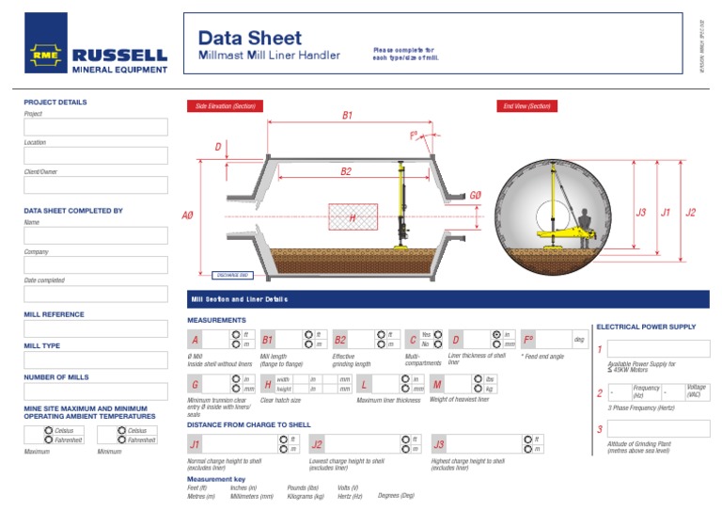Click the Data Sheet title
(250, 38)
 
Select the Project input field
(96, 127)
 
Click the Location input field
(96, 156)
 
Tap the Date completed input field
(96, 294)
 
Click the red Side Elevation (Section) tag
(225, 106)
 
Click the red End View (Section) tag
(526, 106)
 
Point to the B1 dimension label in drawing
(347, 115)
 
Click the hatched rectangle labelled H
(353, 217)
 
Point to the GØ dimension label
(475, 195)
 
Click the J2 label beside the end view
(691, 213)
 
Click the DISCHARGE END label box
(232, 275)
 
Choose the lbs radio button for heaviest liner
(478, 378)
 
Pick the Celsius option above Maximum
(48, 430)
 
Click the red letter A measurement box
(196, 340)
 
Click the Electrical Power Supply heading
(646, 327)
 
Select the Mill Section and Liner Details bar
(447, 299)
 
